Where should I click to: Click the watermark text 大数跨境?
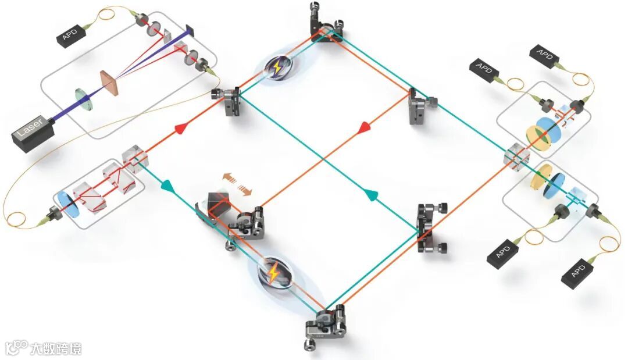tap(57, 349)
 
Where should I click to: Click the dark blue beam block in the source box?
tap(190, 29)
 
